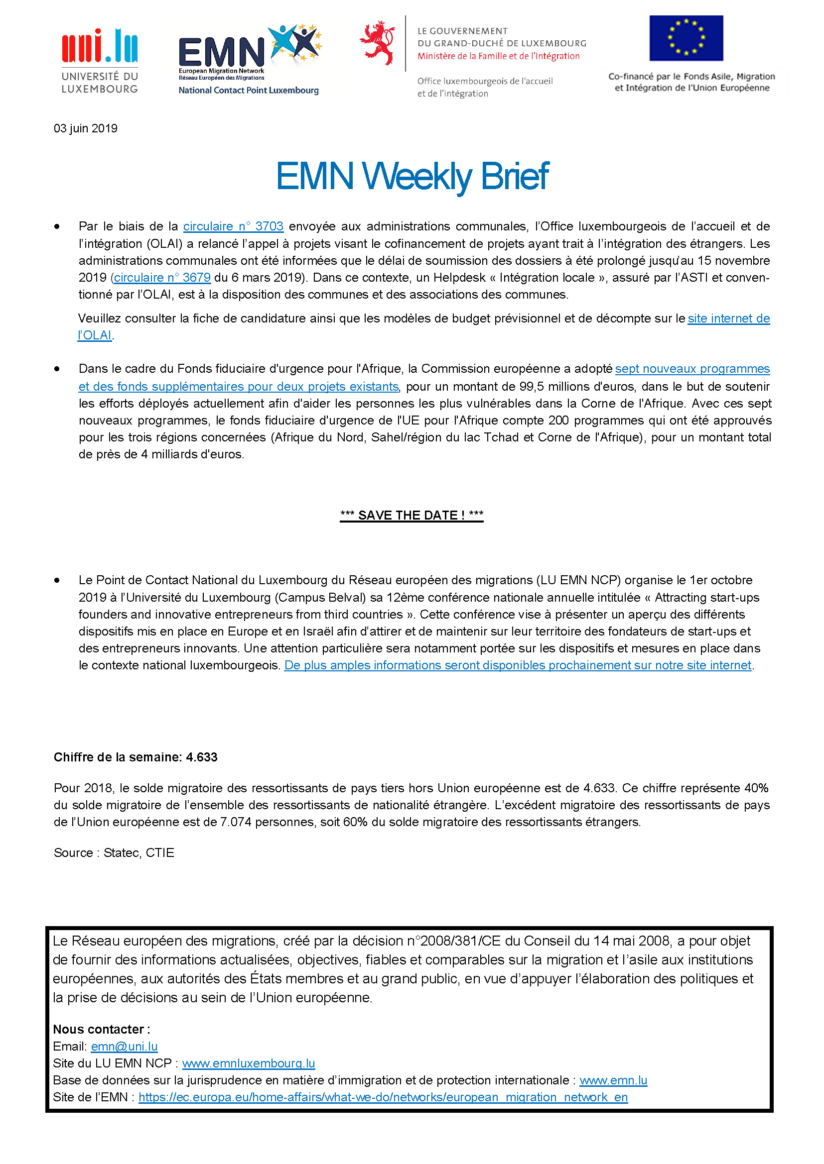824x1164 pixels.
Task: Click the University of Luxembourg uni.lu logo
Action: tap(100, 61)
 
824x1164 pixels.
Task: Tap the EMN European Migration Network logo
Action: tap(249, 58)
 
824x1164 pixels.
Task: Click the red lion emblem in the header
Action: tap(378, 43)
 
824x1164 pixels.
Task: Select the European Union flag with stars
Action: tap(686, 38)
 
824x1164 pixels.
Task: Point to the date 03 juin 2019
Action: tap(85, 128)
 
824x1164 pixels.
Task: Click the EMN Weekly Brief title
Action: tap(412, 176)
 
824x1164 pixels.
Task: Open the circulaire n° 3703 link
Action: tap(233, 226)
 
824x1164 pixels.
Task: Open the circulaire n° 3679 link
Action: tap(162, 277)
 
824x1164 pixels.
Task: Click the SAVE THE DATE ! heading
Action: tap(412, 515)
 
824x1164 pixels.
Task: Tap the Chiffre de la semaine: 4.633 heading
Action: tap(136, 757)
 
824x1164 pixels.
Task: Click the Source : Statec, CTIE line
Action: tap(114, 853)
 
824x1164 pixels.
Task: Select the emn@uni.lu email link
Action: tap(125, 1047)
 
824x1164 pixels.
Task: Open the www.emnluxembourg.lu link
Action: tap(249, 1063)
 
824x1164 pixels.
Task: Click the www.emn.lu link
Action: tap(613, 1080)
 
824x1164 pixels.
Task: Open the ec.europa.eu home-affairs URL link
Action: tap(383, 1097)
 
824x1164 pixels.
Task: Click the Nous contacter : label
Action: tap(102, 1029)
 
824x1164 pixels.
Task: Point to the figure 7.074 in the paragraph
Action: tap(236, 822)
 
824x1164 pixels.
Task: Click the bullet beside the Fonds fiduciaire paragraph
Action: tap(57, 369)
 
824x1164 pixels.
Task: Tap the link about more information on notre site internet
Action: tap(518, 665)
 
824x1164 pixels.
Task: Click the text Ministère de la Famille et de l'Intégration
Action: tap(498, 56)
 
